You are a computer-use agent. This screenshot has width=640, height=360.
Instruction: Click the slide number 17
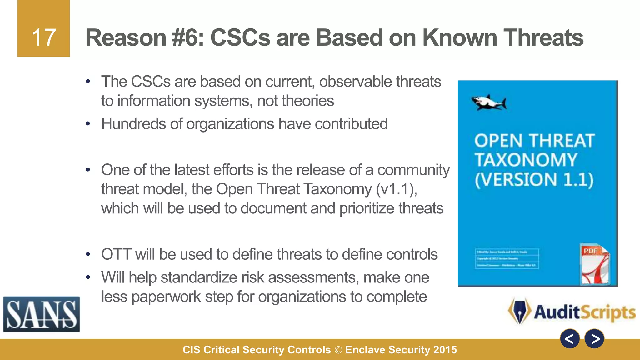(x=44, y=37)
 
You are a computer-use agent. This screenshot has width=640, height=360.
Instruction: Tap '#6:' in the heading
(x=187, y=37)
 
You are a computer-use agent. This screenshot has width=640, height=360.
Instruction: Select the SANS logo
(x=41, y=314)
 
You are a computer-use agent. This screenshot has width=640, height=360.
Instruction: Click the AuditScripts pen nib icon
(x=520, y=311)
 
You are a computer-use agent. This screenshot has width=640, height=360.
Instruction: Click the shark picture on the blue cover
(x=489, y=102)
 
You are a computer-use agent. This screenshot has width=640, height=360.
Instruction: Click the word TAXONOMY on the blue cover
(x=526, y=160)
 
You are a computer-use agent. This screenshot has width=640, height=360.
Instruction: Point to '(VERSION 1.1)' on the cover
(x=534, y=180)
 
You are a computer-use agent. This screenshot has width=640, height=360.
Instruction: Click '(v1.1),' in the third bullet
(x=397, y=189)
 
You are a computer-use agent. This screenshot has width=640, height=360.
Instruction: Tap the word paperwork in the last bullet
(x=166, y=297)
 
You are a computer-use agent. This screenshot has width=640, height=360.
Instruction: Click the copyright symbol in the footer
(x=338, y=350)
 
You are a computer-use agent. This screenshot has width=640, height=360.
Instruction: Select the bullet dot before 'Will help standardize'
(x=88, y=277)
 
